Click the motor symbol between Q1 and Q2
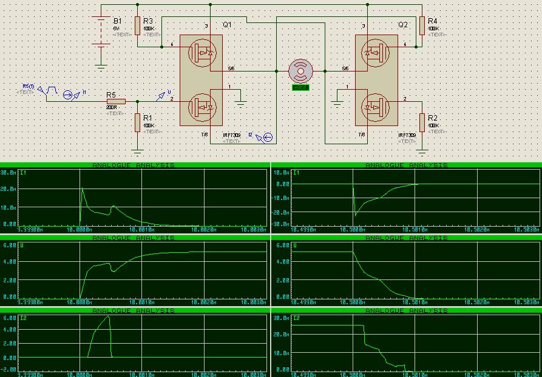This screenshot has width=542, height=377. [300, 71]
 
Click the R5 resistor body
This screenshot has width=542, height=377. [116, 101]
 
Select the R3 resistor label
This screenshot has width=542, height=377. [148, 21]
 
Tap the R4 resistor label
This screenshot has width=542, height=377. [433, 21]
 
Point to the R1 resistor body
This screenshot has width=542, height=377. [138, 122]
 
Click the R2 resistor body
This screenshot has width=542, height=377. [422, 122]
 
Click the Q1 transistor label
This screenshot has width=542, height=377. [227, 25]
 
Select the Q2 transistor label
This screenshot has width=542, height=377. [403, 25]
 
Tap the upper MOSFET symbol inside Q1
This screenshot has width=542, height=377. [200, 53]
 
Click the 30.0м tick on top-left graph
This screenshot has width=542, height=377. [8, 172]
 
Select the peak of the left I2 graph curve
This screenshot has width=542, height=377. [109, 316]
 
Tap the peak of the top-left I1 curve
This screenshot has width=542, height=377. [83, 189]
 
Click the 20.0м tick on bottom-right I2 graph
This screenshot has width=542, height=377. [282, 334]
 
